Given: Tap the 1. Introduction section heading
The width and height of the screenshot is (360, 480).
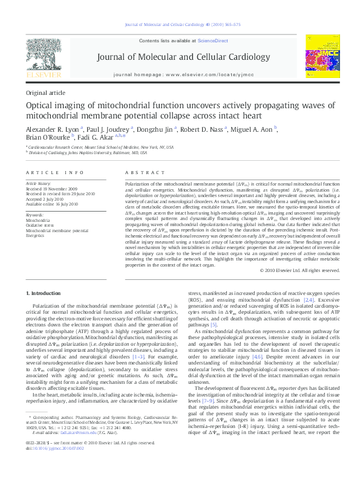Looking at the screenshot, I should click(46, 293).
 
